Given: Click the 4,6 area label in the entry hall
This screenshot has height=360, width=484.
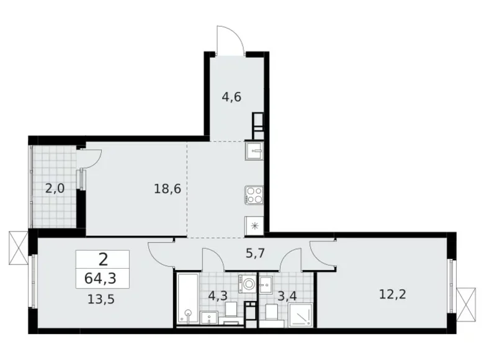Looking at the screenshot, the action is pos(231,97).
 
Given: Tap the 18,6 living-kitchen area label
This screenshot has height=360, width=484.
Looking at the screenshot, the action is pos(168,188).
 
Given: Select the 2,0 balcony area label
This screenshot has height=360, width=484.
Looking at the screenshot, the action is pos(55,188).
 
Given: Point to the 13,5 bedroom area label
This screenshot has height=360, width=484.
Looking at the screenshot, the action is pos(101,299).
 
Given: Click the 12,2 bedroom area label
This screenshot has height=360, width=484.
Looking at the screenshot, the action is pos(392,295).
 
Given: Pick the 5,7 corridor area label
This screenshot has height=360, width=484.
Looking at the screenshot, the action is pos(255,254).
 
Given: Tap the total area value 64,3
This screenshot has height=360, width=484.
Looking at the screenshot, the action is pos(101,279).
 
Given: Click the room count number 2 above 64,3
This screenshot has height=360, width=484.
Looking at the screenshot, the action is pos(103,259).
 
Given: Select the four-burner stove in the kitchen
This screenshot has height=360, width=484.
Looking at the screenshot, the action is pos(254,195).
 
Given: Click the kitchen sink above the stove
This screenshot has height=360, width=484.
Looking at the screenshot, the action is pos(254,151).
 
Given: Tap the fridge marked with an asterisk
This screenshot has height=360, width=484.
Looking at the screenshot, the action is pos(254,227).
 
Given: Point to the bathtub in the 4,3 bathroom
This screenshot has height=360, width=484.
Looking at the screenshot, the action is pos(188,299).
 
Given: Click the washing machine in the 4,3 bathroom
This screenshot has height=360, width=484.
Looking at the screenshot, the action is pos(247,284).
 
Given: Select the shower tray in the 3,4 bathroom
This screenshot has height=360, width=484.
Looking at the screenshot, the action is pos(301,315).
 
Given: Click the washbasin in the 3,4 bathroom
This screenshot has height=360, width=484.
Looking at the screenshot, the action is pos(266,284).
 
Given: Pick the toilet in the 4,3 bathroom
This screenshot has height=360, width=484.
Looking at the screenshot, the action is pos(230,313).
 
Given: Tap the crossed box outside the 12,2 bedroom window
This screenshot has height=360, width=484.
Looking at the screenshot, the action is pos(466,304).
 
